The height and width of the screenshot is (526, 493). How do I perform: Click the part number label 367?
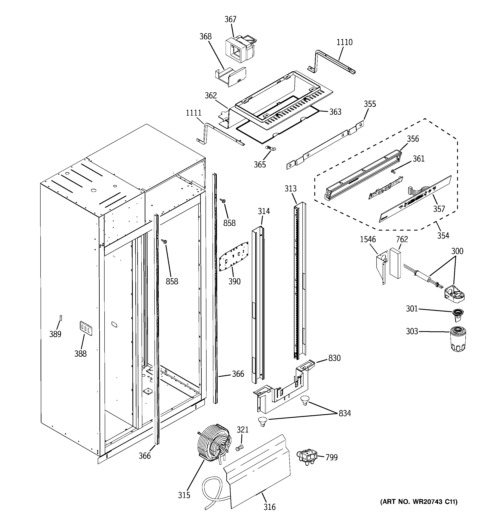[230, 19]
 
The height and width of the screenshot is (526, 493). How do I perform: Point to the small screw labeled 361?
[394, 172]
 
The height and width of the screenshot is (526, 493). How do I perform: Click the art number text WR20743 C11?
[419, 502]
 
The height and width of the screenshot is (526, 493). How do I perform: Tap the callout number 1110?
[344, 42]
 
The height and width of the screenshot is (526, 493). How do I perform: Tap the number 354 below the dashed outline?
[443, 235]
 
